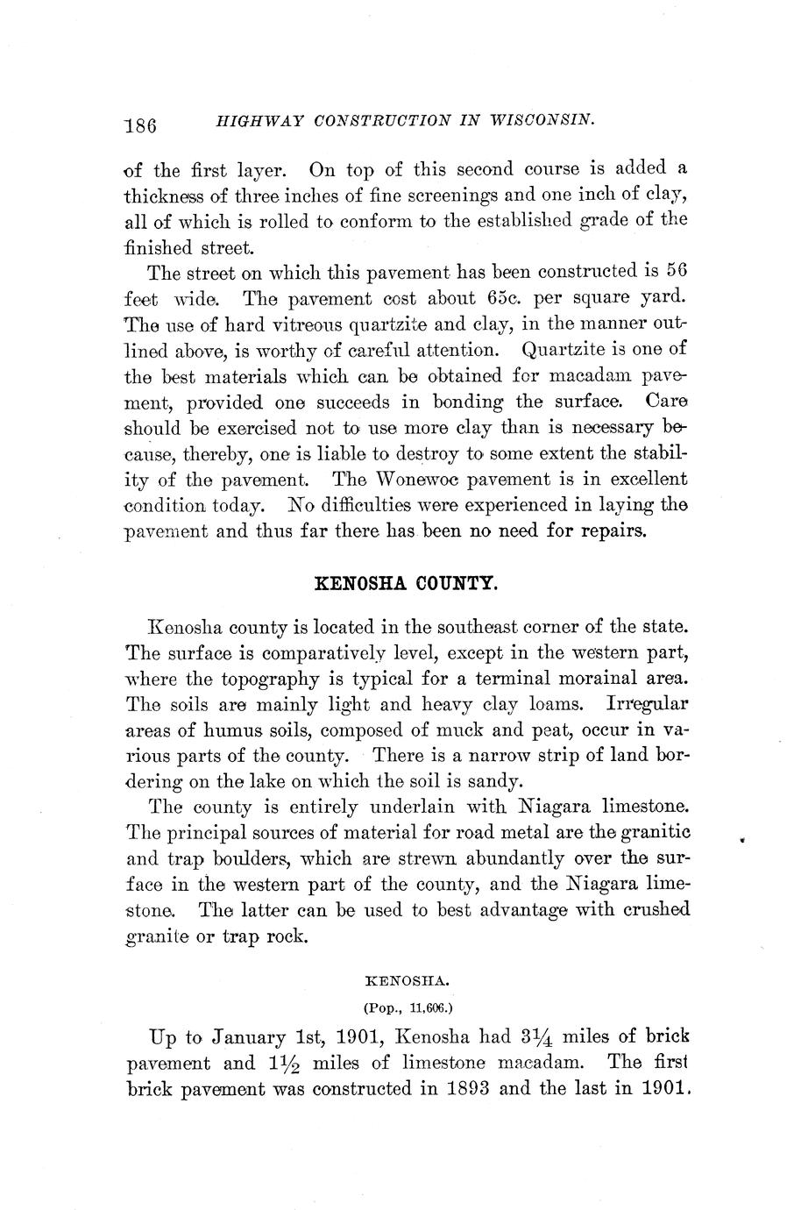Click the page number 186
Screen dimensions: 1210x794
[140, 125]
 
